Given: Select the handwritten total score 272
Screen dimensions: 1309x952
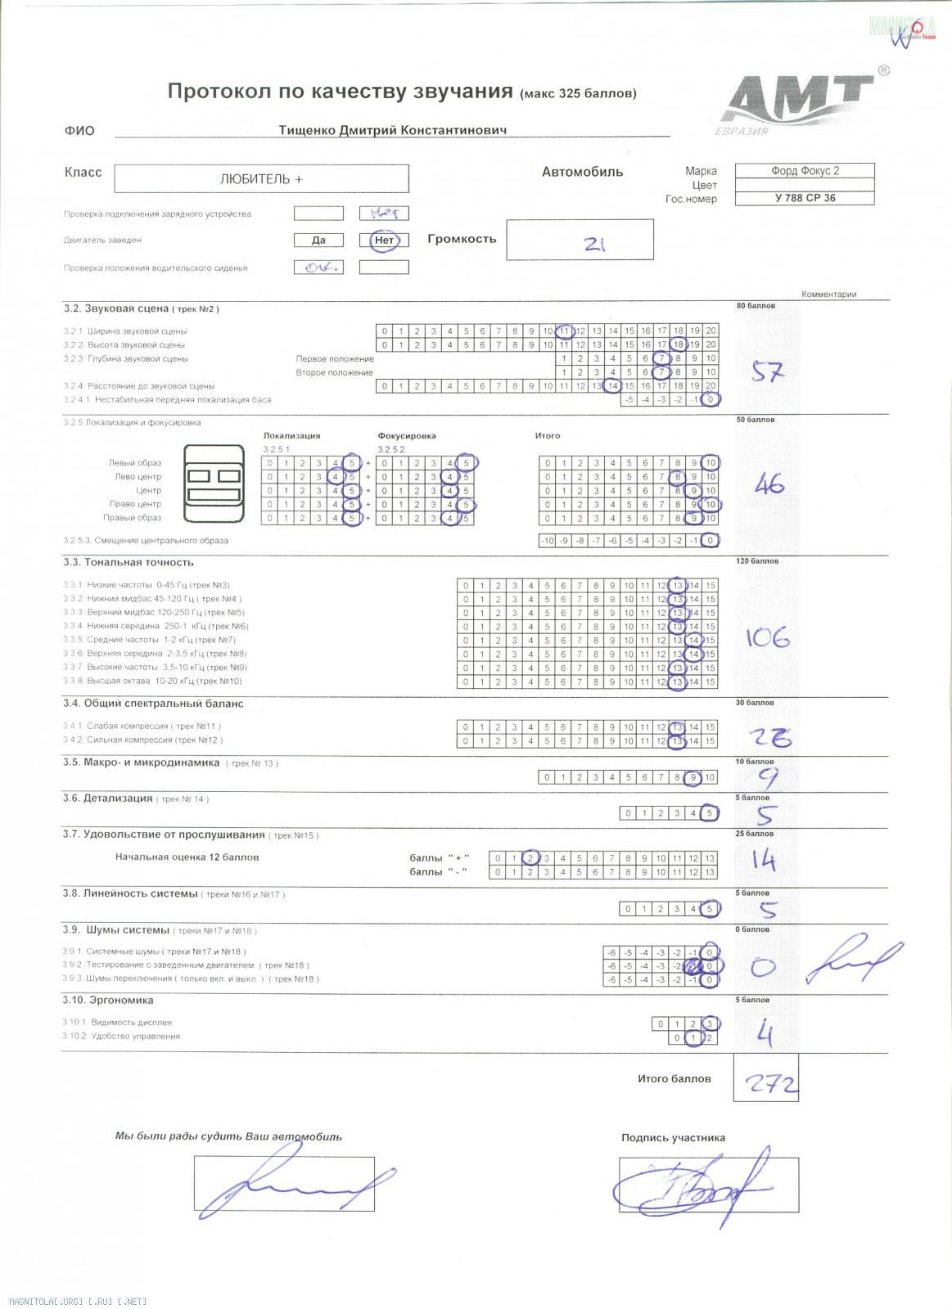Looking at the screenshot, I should [769, 1084].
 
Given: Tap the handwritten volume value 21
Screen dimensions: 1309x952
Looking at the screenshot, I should [594, 243].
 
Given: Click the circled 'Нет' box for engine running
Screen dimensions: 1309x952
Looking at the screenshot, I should [384, 240].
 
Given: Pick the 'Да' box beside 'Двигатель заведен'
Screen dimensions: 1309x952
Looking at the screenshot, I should [318, 240].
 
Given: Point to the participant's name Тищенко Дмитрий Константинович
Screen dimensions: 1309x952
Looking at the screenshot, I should [392, 130].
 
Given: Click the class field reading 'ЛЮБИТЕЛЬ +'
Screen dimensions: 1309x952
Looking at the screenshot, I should [261, 179].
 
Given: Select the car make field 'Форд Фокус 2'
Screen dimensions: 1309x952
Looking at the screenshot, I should [805, 171].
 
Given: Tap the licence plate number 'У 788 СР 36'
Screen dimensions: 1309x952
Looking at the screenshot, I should [805, 198].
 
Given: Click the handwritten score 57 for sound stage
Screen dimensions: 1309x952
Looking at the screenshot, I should [768, 372].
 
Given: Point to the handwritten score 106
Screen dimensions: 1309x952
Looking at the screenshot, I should [767, 637].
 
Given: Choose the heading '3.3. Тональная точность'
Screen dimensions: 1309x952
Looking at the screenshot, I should [129, 562].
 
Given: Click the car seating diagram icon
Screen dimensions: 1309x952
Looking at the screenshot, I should [214, 484].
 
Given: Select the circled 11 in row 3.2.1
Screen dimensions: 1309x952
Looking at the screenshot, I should [564, 331].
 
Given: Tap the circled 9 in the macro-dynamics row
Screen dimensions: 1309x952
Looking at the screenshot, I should [693, 777].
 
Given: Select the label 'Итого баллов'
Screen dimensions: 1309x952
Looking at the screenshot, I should [675, 1078].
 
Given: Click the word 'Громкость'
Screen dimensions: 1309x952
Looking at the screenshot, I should [462, 239].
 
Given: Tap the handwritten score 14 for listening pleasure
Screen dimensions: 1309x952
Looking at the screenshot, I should [762, 860].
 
